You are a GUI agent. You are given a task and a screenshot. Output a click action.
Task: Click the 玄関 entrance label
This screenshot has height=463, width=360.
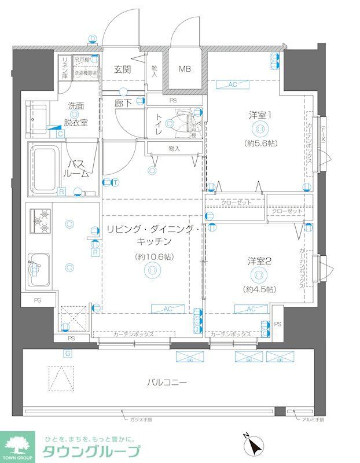point(122,69)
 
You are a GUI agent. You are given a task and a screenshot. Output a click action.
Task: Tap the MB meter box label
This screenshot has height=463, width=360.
point(184,69)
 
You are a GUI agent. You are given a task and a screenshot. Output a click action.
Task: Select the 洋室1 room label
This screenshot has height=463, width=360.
point(260,115)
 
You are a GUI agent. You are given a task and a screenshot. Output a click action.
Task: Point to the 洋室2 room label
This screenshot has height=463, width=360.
point(260,261)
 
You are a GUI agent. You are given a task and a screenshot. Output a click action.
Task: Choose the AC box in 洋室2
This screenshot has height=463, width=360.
point(250,309)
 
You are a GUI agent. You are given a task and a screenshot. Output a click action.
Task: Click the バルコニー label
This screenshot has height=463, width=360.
point(167,383)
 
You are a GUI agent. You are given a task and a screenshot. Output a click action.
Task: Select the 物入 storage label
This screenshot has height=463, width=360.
point(174,149)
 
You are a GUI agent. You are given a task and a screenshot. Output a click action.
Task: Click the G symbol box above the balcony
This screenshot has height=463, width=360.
point(67,353)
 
